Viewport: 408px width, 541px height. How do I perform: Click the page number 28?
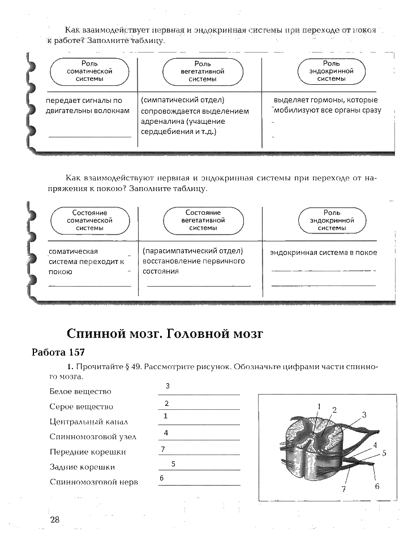click(x=55, y=520)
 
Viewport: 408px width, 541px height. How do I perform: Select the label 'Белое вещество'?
click(x=80, y=391)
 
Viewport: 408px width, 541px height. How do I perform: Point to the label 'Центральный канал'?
click(x=89, y=422)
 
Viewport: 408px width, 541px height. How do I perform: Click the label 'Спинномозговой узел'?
click(x=93, y=436)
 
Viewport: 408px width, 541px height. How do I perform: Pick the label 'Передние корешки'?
click(x=88, y=452)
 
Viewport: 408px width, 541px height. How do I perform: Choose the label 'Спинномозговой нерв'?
click(x=94, y=482)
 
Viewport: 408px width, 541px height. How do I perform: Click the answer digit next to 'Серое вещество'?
click(x=167, y=404)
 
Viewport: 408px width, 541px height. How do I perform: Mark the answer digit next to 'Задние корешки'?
click(x=174, y=464)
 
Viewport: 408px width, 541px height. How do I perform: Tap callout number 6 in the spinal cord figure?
click(x=376, y=486)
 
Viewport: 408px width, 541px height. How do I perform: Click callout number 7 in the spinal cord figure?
click(x=343, y=490)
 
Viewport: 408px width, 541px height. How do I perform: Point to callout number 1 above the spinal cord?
click(x=319, y=406)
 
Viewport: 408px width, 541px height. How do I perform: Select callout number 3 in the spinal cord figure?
click(x=364, y=414)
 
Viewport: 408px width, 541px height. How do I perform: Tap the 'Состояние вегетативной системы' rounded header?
click(x=203, y=220)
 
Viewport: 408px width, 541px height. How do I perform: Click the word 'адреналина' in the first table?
click(x=162, y=122)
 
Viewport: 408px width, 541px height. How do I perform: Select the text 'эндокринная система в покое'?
click(x=323, y=253)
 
